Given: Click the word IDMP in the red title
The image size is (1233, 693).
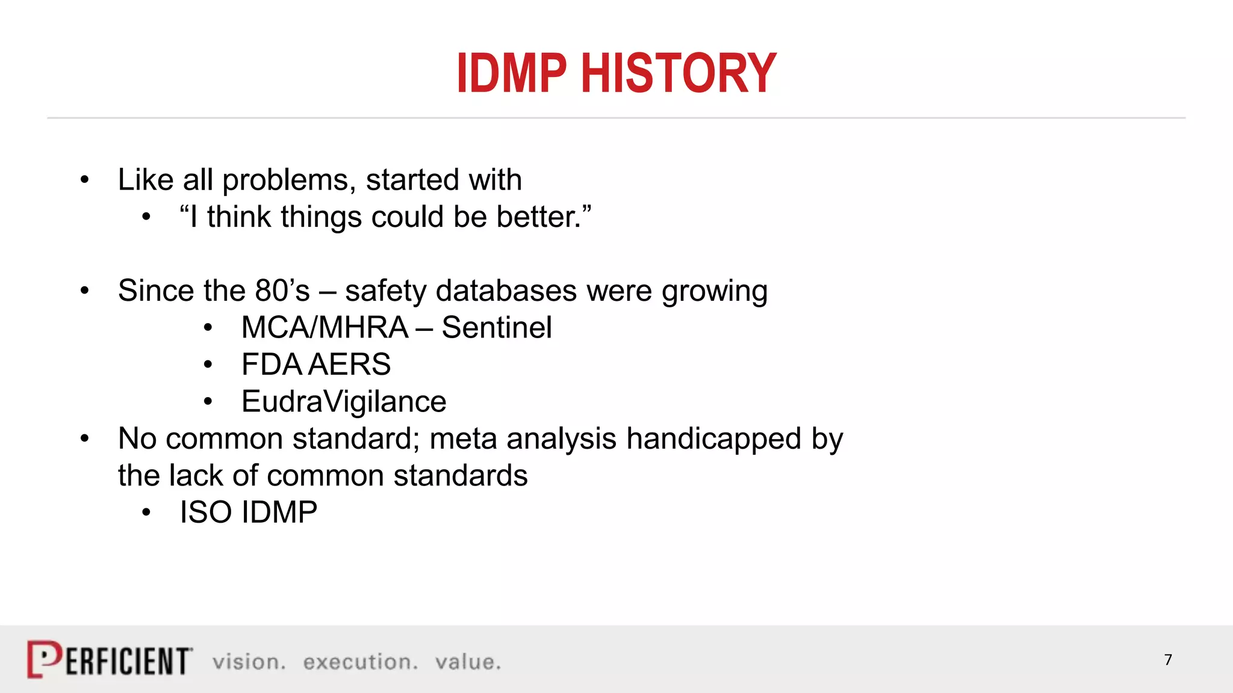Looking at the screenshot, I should click(x=512, y=73).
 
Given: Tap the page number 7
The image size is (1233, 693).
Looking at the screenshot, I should click(x=1168, y=660).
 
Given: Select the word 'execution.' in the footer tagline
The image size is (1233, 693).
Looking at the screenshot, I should click(x=360, y=662).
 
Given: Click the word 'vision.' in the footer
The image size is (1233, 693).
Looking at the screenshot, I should click(x=249, y=662).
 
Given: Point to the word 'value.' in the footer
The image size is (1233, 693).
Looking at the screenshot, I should click(x=468, y=662).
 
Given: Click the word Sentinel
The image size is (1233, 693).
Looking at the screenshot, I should click(x=496, y=328).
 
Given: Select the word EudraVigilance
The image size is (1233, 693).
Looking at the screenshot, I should click(x=344, y=401).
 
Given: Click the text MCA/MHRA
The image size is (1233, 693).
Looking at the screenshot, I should click(x=325, y=328).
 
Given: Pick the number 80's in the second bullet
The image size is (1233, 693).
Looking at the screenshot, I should click(x=282, y=291).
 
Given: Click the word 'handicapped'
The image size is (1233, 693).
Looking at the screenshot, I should click(x=713, y=439).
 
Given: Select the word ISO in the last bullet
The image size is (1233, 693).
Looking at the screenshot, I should click(x=205, y=513).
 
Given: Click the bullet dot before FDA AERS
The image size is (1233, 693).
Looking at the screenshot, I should click(x=208, y=365).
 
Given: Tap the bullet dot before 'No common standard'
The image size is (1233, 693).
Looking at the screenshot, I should click(x=85, y=439).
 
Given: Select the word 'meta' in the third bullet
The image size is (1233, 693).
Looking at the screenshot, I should click(x=462, y=439).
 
